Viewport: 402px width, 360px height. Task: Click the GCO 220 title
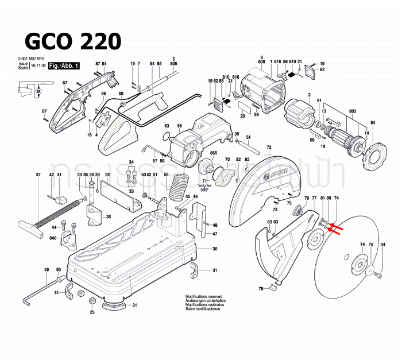click(72, 41)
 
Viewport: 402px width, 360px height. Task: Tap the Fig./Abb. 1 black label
click(64, 67)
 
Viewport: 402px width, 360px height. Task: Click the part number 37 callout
click(38, 175)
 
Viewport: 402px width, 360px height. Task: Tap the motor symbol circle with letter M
click(39, 91)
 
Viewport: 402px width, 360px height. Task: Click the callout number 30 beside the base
click(215, 249)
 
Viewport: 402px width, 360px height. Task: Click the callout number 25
click(92, 312)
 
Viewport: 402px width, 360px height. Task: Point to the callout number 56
click(179, 126)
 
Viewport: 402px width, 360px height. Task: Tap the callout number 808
click(261, 61)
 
